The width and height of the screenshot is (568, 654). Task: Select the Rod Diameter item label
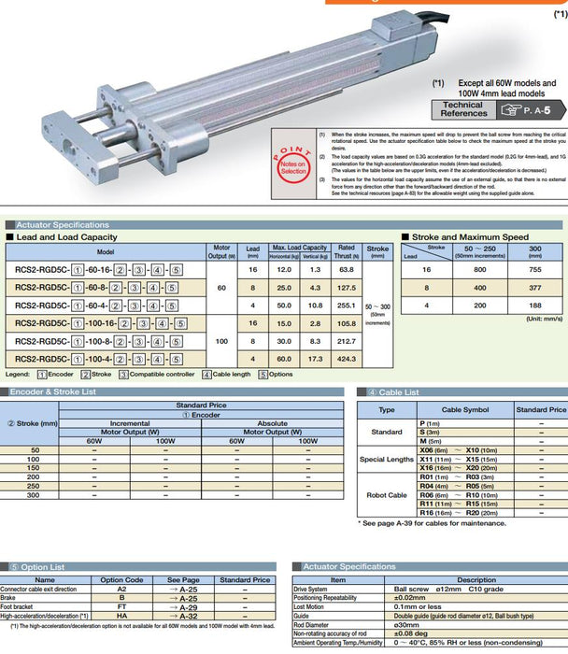318,622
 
